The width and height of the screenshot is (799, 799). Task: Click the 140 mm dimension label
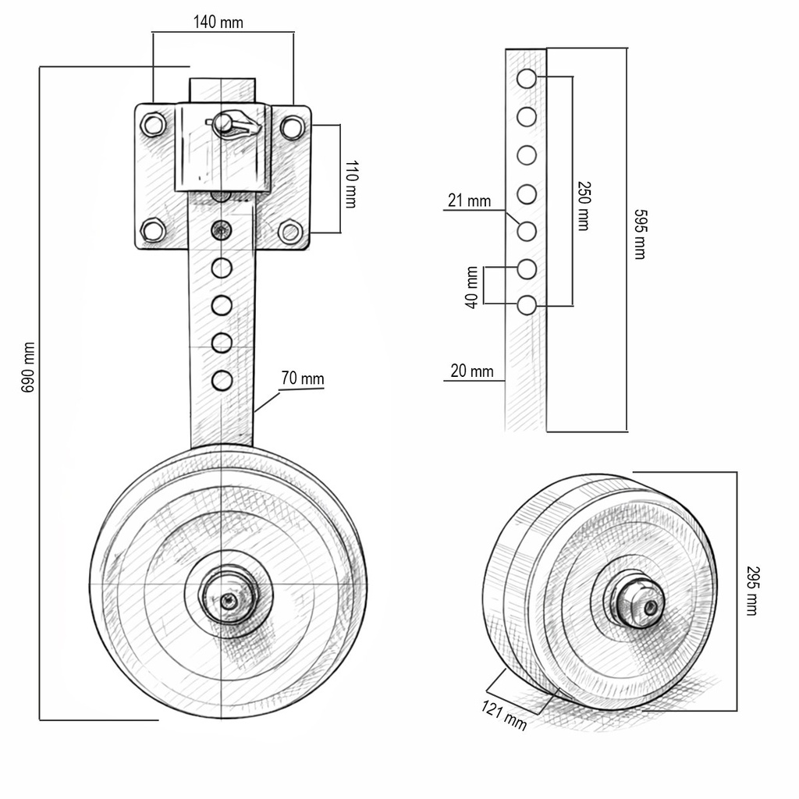tap(218, 22)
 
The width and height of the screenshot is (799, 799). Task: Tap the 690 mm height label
tap(28, 367)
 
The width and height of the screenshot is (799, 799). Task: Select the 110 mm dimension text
tap(351, 184)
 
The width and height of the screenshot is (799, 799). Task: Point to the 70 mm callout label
tap(302, 378)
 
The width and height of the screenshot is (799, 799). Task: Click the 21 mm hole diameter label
tap(469, 201)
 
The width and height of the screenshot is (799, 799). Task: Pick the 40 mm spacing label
tap(472, 287)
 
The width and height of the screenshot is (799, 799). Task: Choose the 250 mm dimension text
tap(584, 206)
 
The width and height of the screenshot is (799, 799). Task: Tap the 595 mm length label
tap(640, 234)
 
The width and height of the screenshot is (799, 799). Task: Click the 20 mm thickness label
tap(472, 371)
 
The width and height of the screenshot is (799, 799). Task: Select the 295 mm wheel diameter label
tap(752, 591)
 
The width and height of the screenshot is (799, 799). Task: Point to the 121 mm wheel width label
tap(503, 716)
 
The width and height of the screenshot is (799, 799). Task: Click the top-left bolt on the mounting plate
tap(153, 125)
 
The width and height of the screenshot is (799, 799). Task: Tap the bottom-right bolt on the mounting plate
tap(290, 232)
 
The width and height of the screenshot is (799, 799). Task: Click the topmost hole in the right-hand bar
tap(527, 79)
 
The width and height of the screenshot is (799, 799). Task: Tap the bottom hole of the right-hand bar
tap(527, 306)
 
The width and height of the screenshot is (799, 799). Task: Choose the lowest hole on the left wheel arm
tap(222, 381)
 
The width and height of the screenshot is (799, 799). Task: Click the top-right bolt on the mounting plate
tap(292, 126)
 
